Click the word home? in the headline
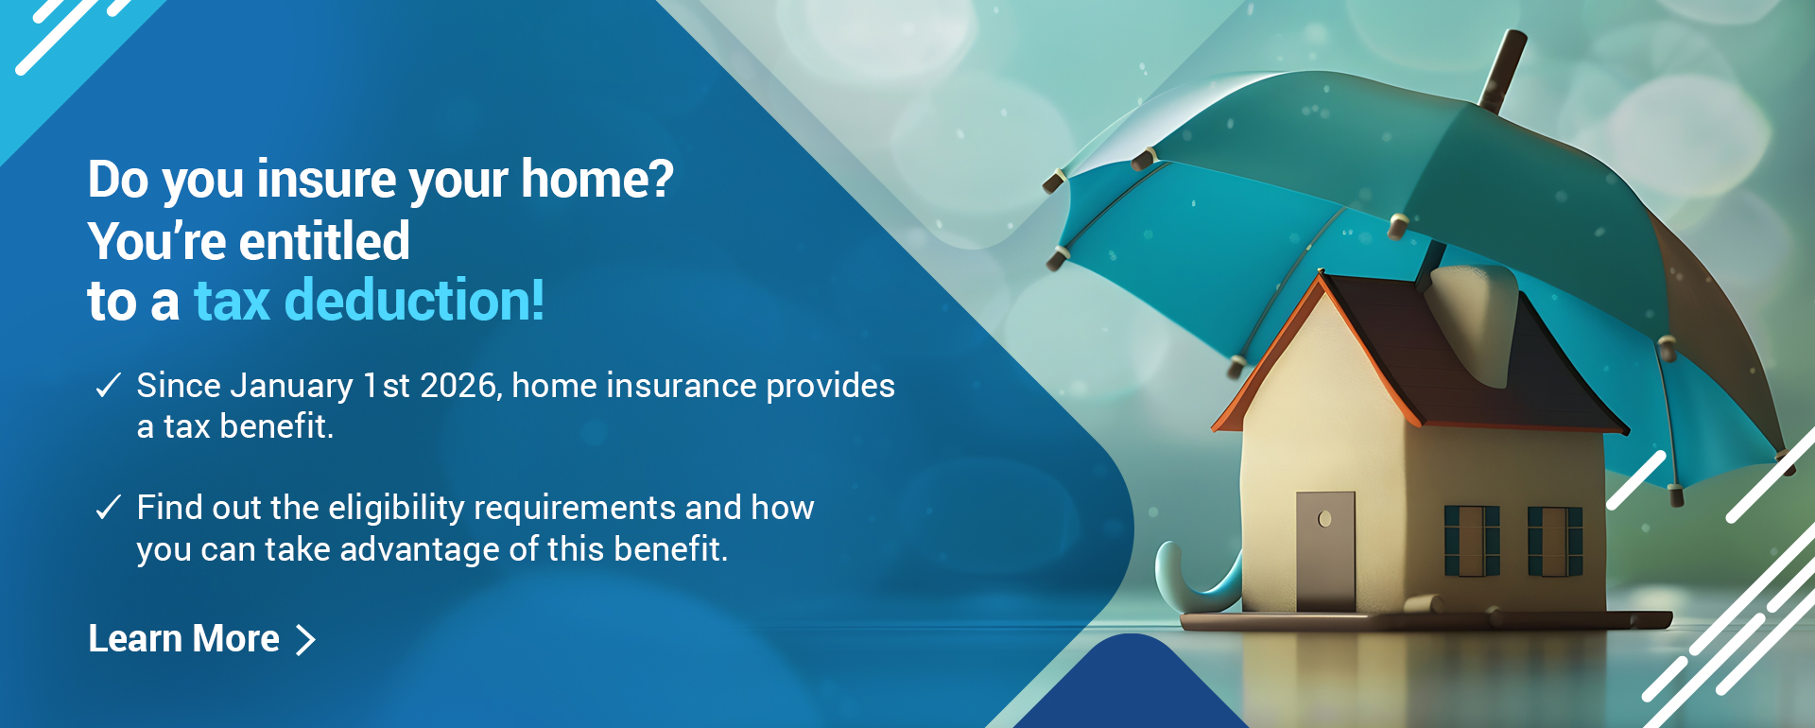click(x=597, y=179)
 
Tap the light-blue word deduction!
click(x=415, y=301)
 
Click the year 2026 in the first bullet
click(x=458, y=386)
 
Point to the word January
click(x=291, y=387)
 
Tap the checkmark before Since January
click(x=108, y=385)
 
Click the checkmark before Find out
click(x=108, y=507)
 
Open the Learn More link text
click(x=184, y=639)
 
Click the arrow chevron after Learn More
click(x=304, y=640)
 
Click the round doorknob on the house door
click(x=1324, y=518)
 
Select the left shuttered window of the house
click(x=1472, y=541)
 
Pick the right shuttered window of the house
click(x=1555, y=542)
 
